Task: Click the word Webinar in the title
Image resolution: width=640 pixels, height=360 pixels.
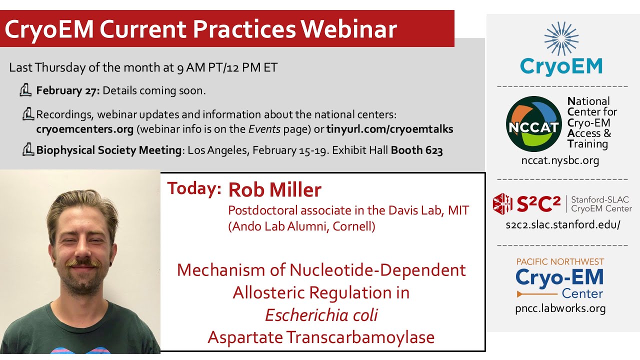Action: (x=349, y=29)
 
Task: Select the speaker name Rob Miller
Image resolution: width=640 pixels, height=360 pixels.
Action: (x=274, y=190)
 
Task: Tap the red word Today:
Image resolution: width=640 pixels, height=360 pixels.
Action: (x=194, y=188)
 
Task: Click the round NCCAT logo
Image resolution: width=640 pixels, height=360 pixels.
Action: (x=533, y=124)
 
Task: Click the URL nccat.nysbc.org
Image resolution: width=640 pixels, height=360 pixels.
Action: (x=559, y=160)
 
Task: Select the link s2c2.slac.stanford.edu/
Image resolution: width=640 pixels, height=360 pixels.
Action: (x=562, y=224)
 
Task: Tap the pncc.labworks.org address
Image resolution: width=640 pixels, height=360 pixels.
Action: (x=560, y=308)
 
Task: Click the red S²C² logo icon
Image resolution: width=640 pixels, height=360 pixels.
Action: (x=502, y=204)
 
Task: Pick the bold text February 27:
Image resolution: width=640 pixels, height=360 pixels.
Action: (x=68, y=91)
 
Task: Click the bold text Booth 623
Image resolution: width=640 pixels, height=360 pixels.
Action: (x=416, y=150)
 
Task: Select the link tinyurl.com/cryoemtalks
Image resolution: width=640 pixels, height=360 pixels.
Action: (x=389, y=129)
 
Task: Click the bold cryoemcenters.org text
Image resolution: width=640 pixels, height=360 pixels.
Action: (x=84, y=129)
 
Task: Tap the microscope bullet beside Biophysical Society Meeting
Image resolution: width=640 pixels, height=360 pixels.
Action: (x=27, y=149)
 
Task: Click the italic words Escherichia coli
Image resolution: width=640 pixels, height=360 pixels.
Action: (x=321, y=315)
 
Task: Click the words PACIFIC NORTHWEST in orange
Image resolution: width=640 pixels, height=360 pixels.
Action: (x=559, y=262)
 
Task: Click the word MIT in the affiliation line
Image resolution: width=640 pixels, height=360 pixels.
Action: (x=458, y=210)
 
